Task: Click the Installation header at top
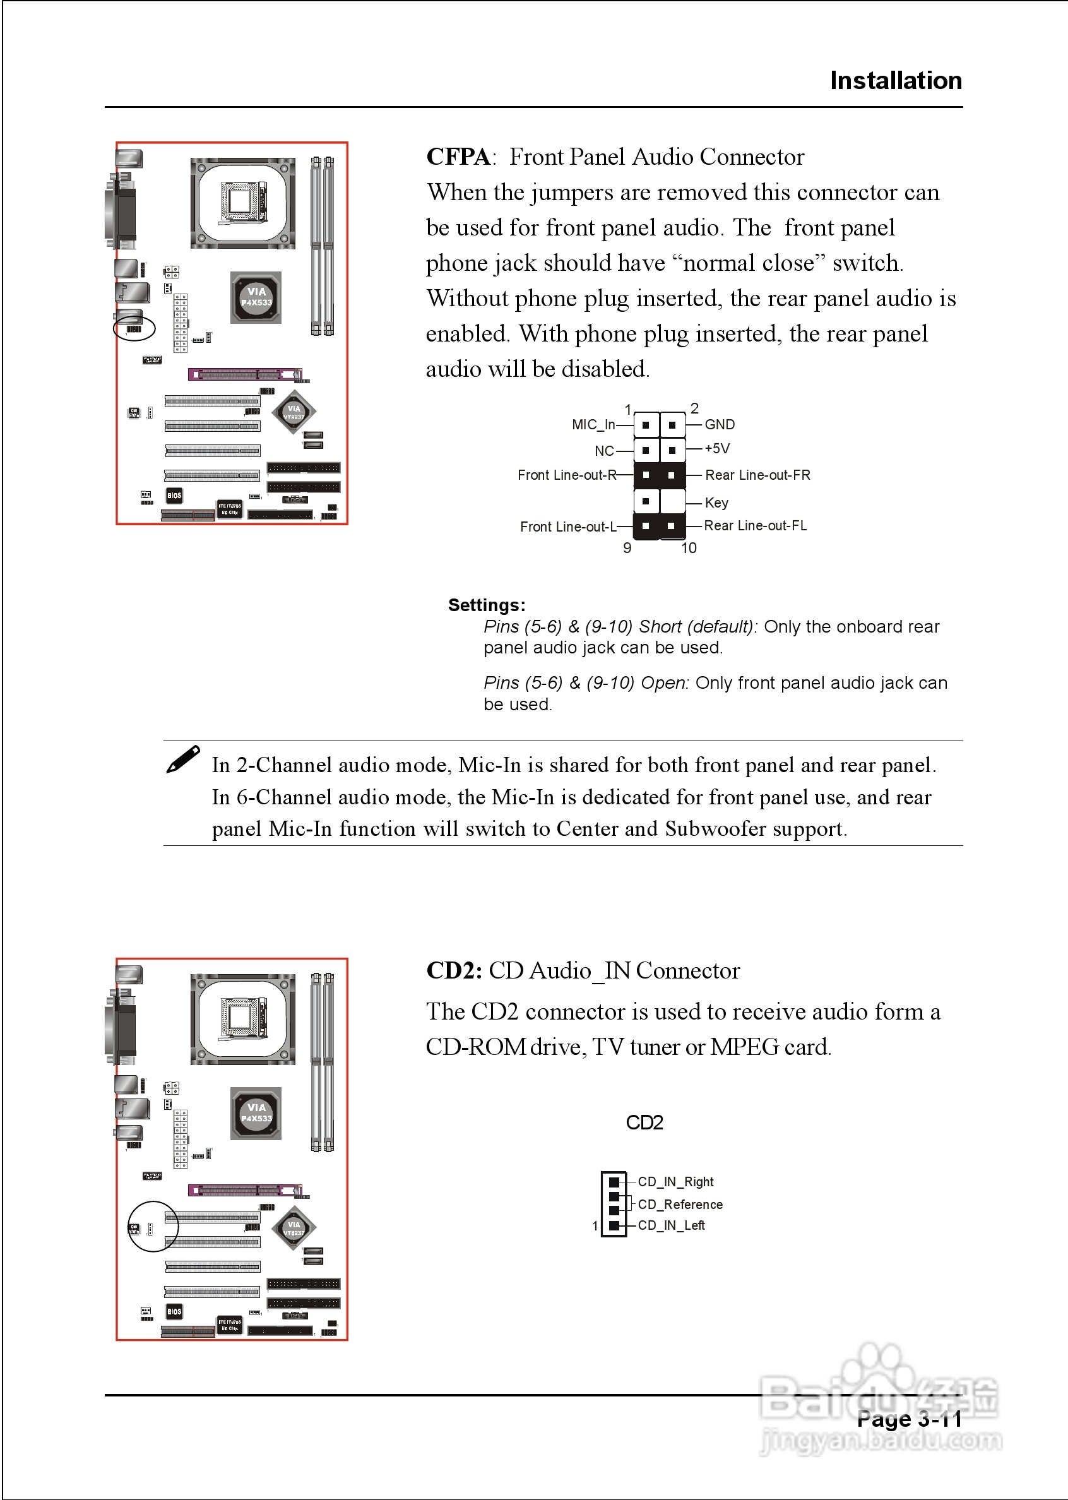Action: point(895,81)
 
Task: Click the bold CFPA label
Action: point(458,157)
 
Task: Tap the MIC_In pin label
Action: point(593,425)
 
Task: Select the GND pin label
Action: point(720,425)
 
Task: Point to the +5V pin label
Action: point(717,448)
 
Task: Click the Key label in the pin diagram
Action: point(716,503)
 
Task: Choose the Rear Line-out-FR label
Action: point(757,475)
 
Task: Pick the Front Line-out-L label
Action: point(568,527)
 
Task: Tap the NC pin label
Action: point(603,451)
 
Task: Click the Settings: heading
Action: point(487,605)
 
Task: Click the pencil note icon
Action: point(183,759)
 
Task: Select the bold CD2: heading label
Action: point(454,970)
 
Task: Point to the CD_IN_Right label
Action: point(675,1182)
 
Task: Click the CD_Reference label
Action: point(680,1204)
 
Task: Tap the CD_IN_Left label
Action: point(671,1225)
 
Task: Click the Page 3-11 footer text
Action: point(909,1419)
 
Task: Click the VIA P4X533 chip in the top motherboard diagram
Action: point(256,297)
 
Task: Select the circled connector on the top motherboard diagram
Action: point(134,328)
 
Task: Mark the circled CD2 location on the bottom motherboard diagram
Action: point(153,1227)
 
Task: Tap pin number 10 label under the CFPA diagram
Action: point(689,548)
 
